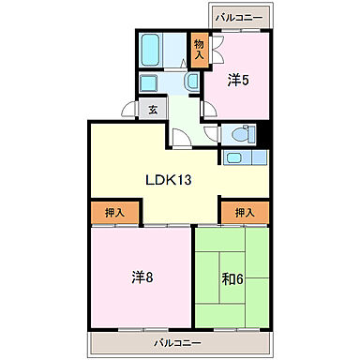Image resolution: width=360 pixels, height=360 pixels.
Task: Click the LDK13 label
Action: click(168, 180)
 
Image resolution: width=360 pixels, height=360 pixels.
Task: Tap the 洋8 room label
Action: click(141, 277)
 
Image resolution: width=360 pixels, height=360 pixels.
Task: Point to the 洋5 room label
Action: click(238, 81)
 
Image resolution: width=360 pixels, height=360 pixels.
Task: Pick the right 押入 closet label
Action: click(244, 213)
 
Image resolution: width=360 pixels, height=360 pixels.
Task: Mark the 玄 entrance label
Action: click(153, 109)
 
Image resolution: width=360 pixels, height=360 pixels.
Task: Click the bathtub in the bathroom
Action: click(153, 48)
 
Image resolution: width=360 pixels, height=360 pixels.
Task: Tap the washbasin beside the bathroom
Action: click(190, 82)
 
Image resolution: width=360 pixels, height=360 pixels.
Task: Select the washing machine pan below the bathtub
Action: click(150, 82)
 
